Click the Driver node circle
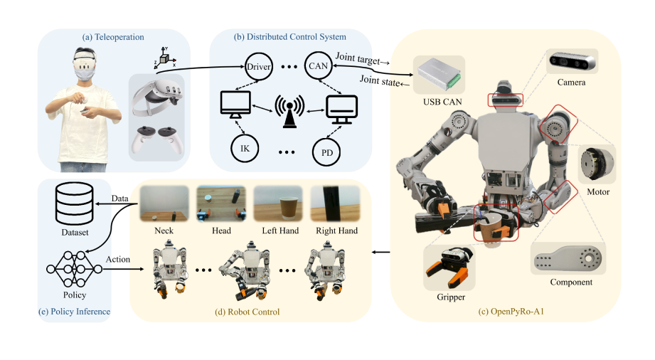[259, 66]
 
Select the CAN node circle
[316, 66]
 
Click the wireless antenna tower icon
[290, 112]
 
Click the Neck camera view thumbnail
[164, 203]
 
